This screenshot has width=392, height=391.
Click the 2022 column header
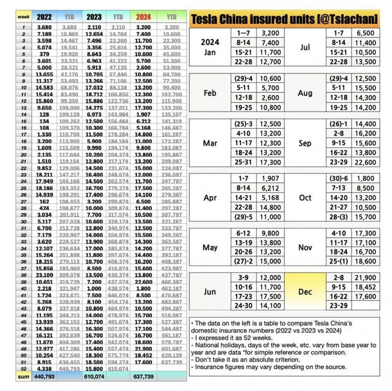[45, 18]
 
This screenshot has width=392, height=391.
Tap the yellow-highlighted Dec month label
[305, 292]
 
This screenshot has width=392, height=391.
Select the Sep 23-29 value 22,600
[366, 162]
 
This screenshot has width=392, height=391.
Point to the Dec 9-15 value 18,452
[366, 287]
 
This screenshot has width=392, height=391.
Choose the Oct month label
[305, 198]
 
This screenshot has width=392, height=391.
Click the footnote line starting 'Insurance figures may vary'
[269, 366]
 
